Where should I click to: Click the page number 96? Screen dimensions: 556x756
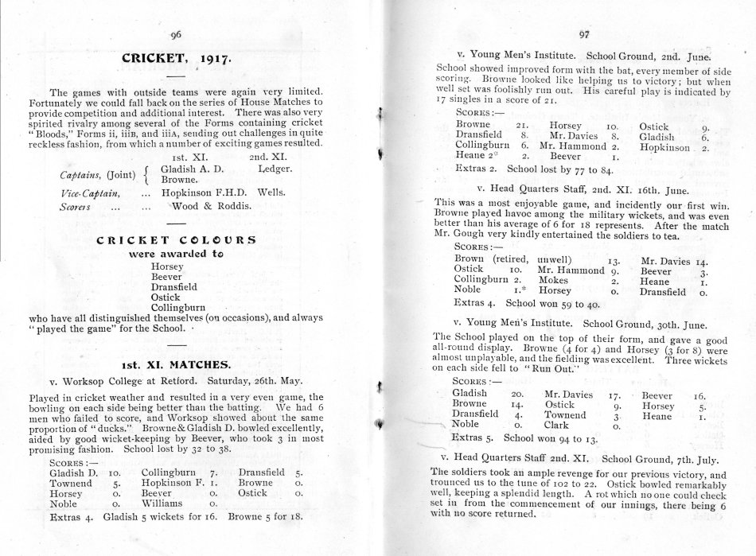click(x=177, y=35)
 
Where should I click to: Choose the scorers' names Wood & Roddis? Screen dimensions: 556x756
click(x=208, y=205)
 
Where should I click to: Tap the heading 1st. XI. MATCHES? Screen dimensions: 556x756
click(x=177, y=365)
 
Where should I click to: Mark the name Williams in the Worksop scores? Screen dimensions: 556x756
click(x=163, y=503)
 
